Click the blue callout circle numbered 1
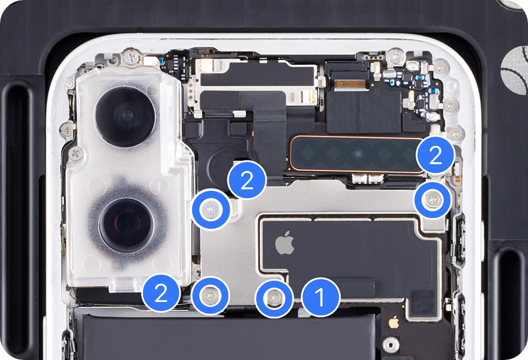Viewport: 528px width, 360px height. point(320,298)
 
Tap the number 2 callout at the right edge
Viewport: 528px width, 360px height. point(436,156)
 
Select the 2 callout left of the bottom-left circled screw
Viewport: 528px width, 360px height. point(161,293)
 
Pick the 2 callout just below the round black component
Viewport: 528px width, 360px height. point(247,180)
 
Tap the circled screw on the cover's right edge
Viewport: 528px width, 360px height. point(433,200)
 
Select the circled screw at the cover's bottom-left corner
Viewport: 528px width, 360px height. point(210,296)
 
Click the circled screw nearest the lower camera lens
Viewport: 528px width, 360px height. point(211,210)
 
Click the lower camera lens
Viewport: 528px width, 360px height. point(126,225)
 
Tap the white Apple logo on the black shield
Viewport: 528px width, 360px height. point(285,242)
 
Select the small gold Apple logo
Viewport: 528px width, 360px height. point(394,322)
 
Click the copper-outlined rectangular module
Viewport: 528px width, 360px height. point(358,154)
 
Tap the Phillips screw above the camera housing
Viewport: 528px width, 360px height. point(131,58)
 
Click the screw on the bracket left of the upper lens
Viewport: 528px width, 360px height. point(67,130)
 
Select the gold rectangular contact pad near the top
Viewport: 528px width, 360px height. point(350,84)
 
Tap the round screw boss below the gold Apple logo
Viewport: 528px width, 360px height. point(391,346)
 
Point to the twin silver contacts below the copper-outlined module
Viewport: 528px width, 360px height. point(368,179)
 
